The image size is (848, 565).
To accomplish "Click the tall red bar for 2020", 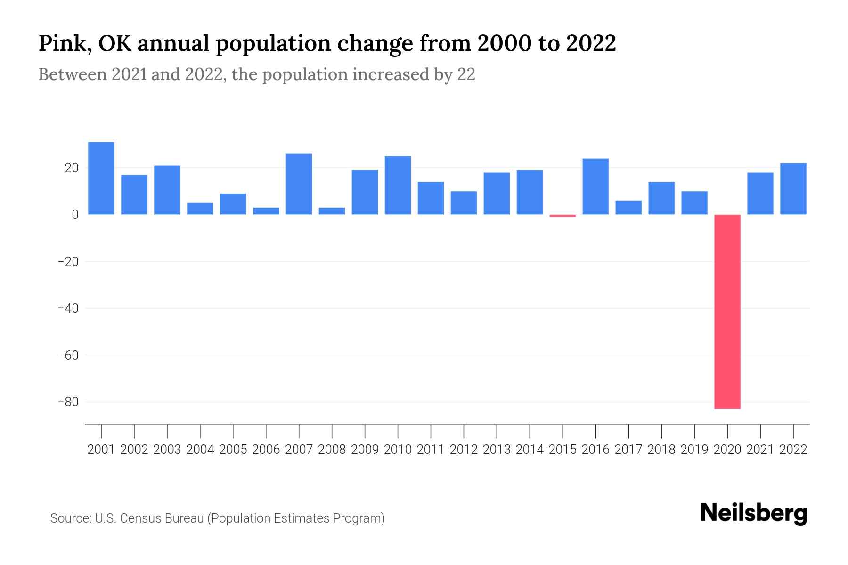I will tap(727, 311).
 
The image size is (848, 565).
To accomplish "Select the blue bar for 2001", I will tap(101, 178).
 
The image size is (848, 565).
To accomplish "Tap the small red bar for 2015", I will tap(563, 216).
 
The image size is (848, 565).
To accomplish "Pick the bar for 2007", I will tap(299, 184).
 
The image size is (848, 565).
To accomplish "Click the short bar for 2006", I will tap(266, 211).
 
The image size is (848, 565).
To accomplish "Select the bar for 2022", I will tap(793, 189).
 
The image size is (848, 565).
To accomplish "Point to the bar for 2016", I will tap(595, 186).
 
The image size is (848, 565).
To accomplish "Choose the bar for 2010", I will tap(398, 185).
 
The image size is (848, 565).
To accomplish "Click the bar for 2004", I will tap(200, 209).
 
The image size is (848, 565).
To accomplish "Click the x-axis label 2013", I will tap(497, 450).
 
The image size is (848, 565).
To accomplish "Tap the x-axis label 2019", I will tap(694, 450).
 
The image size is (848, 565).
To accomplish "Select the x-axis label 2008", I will tap(332, 450).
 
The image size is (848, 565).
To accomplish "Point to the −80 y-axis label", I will tap(68, 402).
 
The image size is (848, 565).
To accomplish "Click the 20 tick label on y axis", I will tap(72, 168).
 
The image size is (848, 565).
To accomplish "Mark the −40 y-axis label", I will tap(68, 308).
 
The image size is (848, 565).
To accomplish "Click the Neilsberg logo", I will tap(754, 513).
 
